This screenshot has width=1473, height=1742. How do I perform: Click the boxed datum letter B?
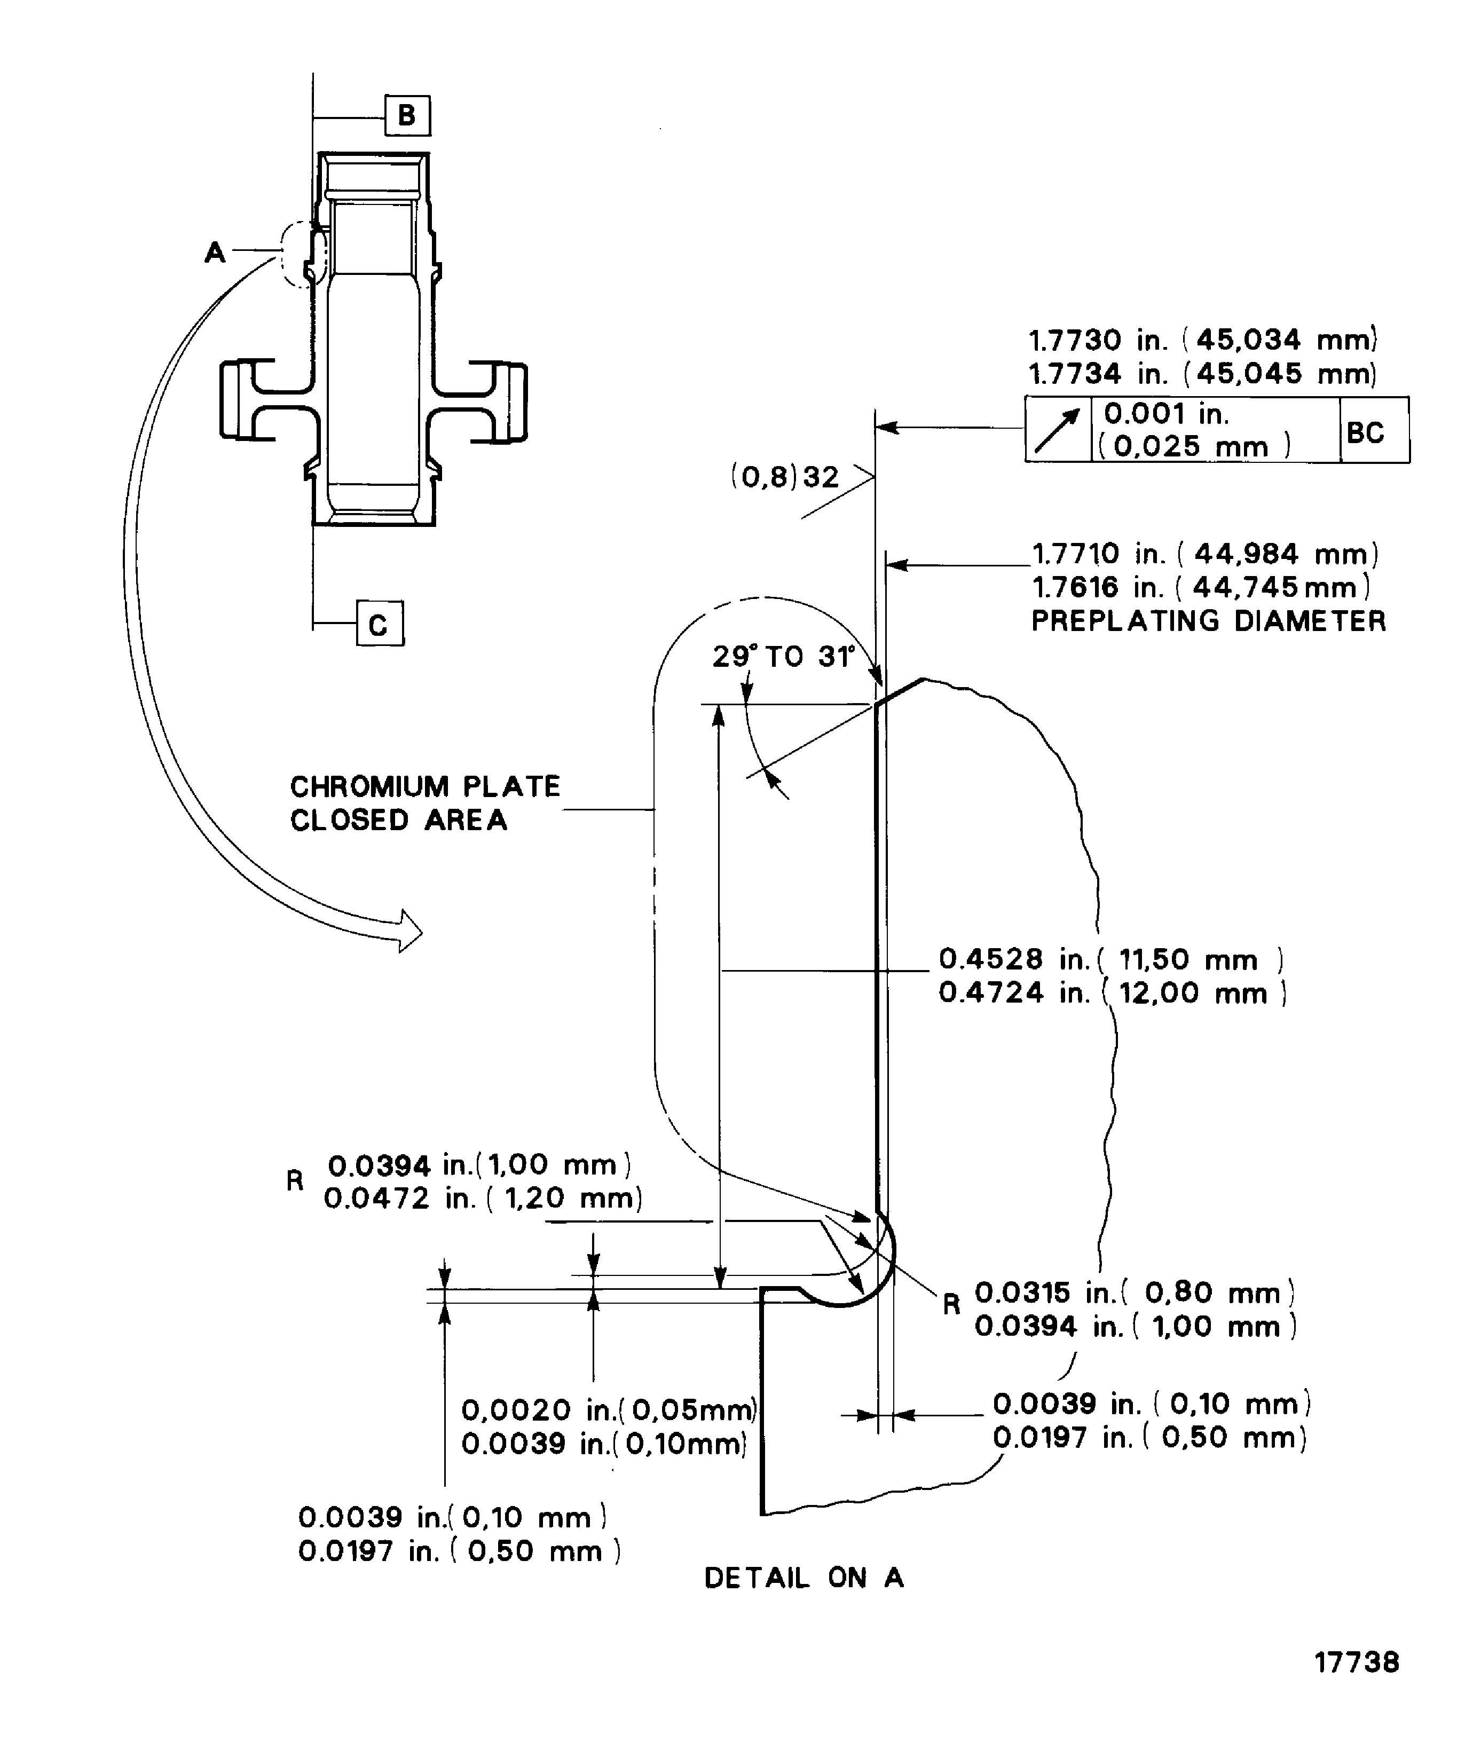coord(407,115)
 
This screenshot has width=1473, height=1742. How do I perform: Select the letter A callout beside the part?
coord(215,251)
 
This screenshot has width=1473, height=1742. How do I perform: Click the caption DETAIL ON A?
coord(804,1578)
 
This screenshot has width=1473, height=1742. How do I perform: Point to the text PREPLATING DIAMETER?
coord(1208,621)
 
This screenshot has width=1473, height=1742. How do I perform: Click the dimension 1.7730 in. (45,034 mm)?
coord(1202,340)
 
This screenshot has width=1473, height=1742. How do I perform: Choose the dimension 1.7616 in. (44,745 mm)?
coord(1201,587)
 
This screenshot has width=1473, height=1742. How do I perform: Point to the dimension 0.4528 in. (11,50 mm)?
coord(1110,959)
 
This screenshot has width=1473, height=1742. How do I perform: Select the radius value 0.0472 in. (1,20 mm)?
coord(483,1199)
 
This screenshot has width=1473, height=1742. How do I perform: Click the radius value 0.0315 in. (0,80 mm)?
coord(1134,1292)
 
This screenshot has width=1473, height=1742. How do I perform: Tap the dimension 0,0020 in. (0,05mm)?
coord(608,1409)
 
